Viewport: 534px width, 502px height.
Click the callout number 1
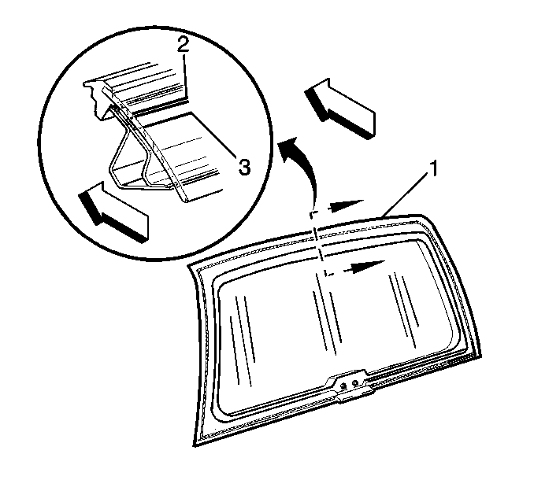tap(433, 169)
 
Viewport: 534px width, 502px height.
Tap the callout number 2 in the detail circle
tap(183, 45)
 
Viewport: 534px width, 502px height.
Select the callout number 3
tap(244, 167)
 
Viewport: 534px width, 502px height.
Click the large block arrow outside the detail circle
tap(340, 109)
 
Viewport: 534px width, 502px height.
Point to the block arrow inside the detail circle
tap(114, 212)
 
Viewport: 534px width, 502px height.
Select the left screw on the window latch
tap(343, 385)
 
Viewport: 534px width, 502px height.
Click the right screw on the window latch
tap(354, 383)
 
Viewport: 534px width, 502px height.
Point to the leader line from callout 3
tap(213, 135)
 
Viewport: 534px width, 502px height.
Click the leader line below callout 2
tap(184, 76)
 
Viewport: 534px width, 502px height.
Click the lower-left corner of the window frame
tap(195, 445)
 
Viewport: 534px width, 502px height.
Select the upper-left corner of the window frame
tap(189, 267)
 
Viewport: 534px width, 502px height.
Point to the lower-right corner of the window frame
tap(480, 356)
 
